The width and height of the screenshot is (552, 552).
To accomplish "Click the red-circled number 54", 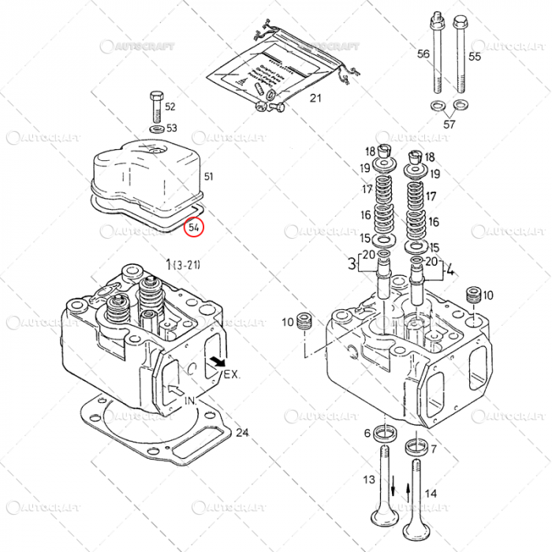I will pyautogui.click(x=193, y=227).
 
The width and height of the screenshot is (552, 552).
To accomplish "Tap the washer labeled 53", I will pyautogui.click(x=156, y=128).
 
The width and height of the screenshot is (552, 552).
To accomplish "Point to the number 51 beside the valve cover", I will pyautogui.click(x=209, y=177).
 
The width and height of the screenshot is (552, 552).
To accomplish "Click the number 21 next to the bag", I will pyautogui.click(x=315, y=99).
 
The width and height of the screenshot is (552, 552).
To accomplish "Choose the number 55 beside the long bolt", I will pyautogui.click(x=474, y=56).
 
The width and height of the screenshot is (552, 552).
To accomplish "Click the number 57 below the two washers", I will pyautogui.click(x=449, y=124).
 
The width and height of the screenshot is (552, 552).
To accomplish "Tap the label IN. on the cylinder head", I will pyautogui.click(x=189, y=401).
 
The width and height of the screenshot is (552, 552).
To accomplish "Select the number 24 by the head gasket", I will pyautogui.click(x=242, y=432).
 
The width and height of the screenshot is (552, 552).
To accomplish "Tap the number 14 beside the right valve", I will pyautogui.click(x=431, y=493).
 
